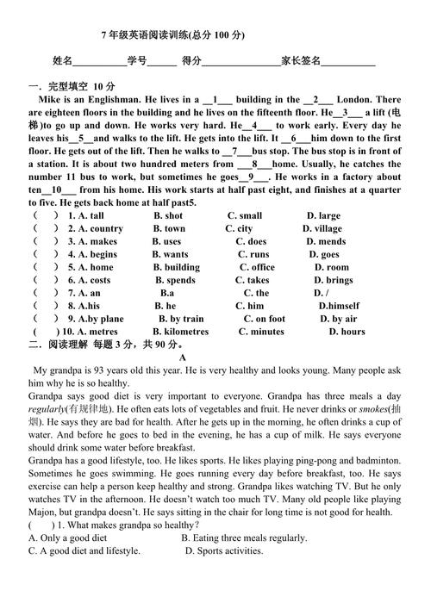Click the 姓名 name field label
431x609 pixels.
pos(62,61)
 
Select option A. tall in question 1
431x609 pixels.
pos(91,215)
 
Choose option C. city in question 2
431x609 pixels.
pos(239,228)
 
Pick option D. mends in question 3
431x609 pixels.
pos(326,242)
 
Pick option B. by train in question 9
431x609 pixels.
pos(179,319)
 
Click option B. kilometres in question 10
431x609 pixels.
pos(180,332)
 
